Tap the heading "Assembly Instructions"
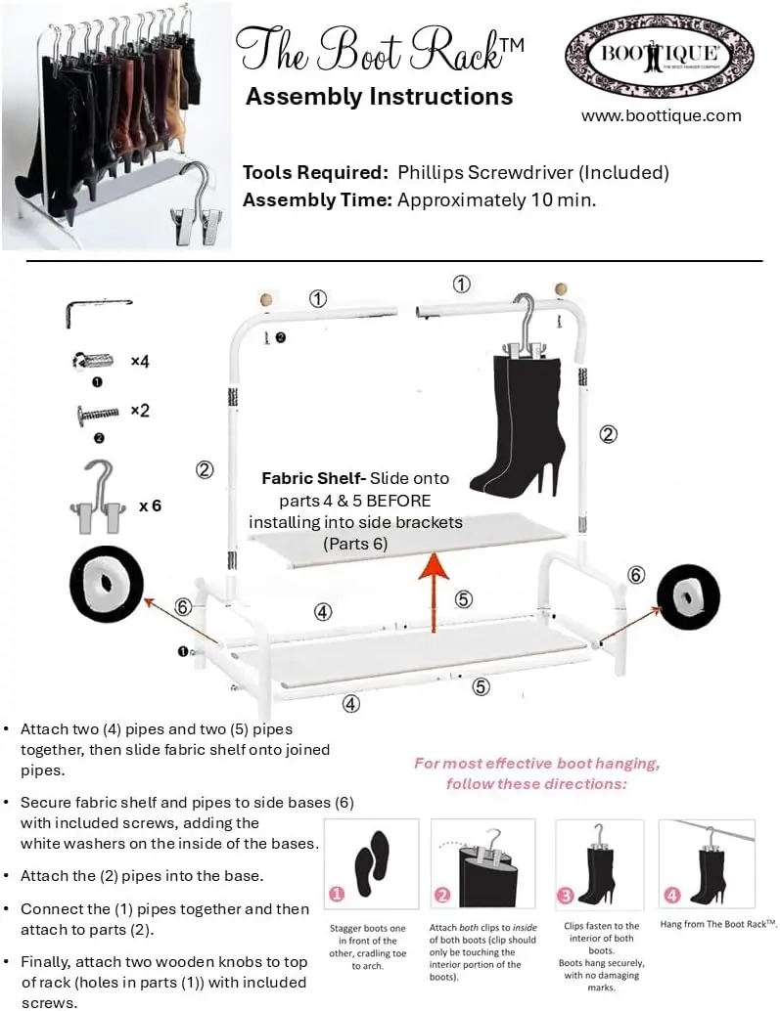(x=379, y=97)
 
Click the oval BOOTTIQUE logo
(x=660, y=55)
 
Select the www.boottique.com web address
(x=661, y=115)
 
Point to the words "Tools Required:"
(x=315, y=173)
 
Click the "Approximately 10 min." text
(x=496, y=199)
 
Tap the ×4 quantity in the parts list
(x=140, y=362)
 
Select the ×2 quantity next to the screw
(x=140, y=411)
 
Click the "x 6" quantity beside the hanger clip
(x=150, y=505)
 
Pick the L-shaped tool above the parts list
(x=99, y=311)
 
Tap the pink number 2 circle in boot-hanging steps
(x=441, y=894)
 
